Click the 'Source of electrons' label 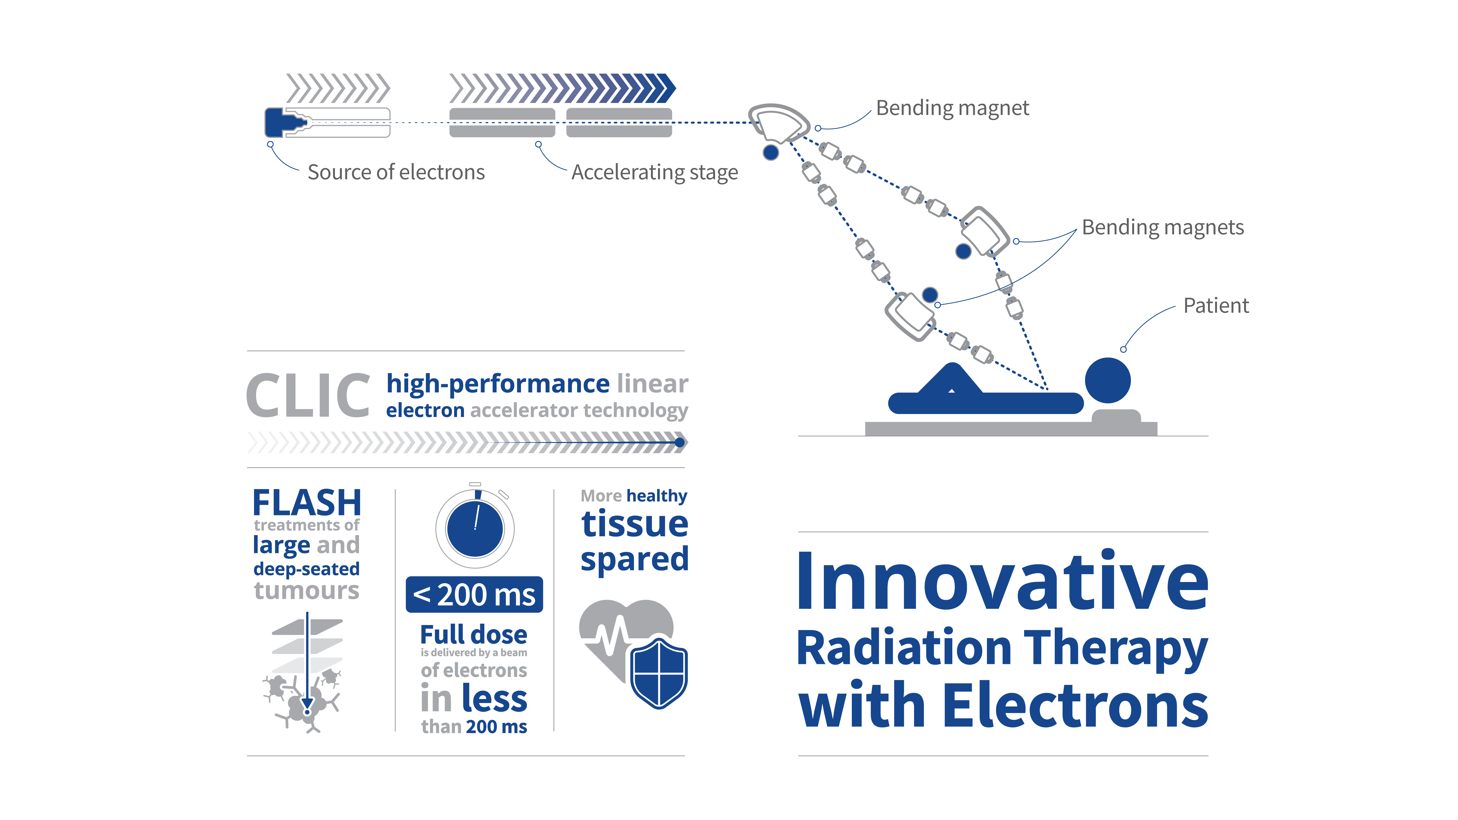pyautogui.click(x=396, y=172)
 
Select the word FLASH pyautogui.click(x=307, y=503)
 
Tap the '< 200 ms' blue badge pyautogui.click(x=474, y=594)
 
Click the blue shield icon pyautogui.click(x=659, y=673)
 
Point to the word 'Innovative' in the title pyautogui.click(x=1002, y=581)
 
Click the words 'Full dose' pyautogui.click(x=474, y=634)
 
